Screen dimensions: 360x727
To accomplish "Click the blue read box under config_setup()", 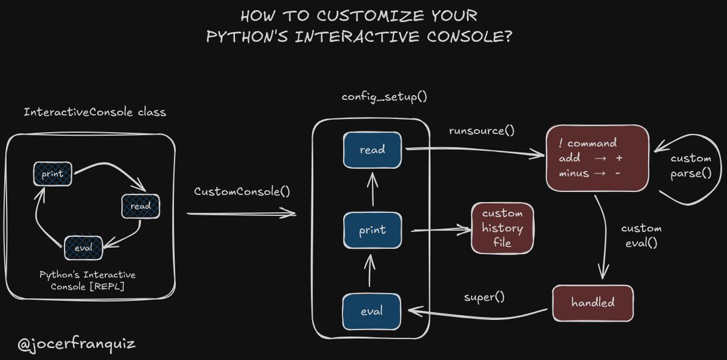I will click(x=372, y=150).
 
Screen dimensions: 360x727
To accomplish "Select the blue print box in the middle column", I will click(x=372, y=230).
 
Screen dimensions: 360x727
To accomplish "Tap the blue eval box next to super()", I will click(x=372, y=311).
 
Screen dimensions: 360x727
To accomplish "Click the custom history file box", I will click(x=502, y=228).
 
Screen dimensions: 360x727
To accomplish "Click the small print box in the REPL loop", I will click(x=53, y=174).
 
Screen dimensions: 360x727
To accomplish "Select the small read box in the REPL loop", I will click(x=140, y=206).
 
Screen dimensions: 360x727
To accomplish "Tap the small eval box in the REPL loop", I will click(x=83, y=248).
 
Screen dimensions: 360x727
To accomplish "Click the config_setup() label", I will click(x=373, y=97).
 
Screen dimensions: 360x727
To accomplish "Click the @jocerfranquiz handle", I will click(x=76, y=345).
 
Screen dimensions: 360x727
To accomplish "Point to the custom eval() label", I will click(x=642, y=235).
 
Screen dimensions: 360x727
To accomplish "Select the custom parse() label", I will click(x=691, y=165).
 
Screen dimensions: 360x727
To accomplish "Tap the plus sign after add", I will click(x=619, y=158).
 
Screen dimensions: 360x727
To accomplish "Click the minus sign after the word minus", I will click(x=617, y=173).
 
